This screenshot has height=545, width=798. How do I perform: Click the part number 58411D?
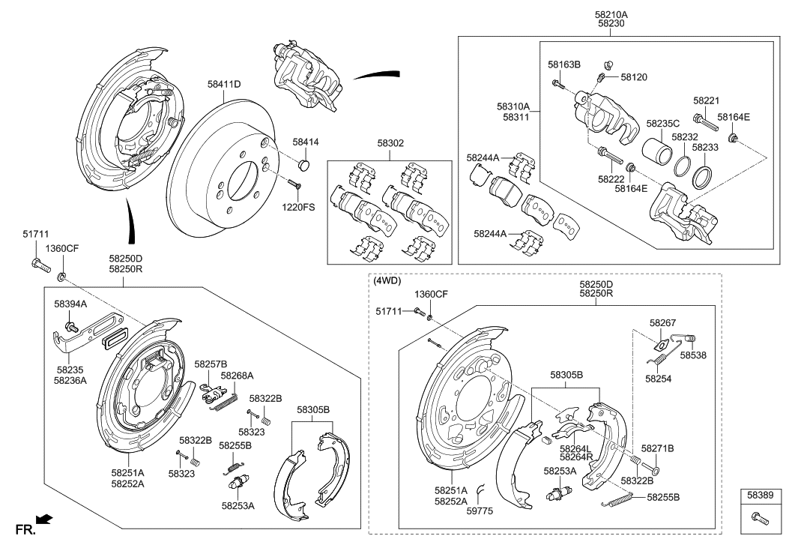224,85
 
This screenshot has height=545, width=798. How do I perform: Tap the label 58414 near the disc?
305,142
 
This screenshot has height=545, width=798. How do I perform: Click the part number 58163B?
563,65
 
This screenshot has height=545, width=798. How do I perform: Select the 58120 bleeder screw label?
633,77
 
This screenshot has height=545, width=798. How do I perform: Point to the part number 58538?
694,355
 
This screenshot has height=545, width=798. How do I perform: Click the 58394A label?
70,304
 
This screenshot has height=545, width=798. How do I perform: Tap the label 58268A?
237,376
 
